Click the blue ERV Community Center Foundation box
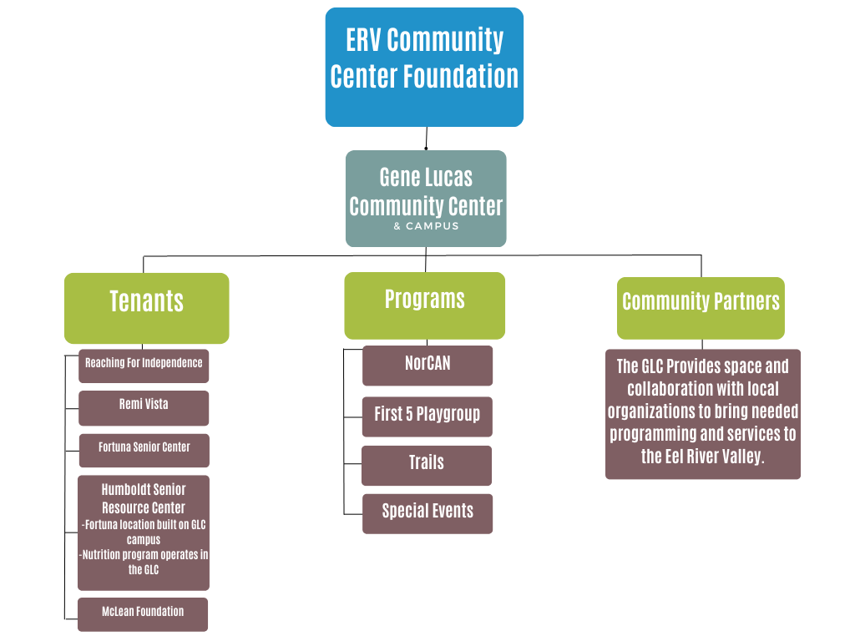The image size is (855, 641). point(424,67)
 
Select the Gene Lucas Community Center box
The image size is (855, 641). point(426,198)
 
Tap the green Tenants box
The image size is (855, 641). point(146,308)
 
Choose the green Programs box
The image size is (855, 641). point(424,305)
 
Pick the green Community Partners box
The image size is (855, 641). point(701,308)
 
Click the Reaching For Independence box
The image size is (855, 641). point(144,366)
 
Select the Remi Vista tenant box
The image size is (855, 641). point(144,408)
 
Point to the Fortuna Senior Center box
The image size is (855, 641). point(144,450)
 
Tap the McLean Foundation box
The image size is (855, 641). point(143,614)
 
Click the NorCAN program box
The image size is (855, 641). point(427,366)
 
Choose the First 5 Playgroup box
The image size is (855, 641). point(427,416)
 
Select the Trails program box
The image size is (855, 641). point(426,466)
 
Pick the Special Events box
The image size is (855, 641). point(427,513)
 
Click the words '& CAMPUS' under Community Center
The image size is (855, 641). point(426,226)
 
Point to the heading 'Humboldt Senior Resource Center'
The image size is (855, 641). point(144,498)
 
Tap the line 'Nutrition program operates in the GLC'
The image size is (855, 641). point(144,562)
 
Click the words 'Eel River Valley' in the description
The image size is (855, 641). point(714,457)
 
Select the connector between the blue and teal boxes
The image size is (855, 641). point(427,139)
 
